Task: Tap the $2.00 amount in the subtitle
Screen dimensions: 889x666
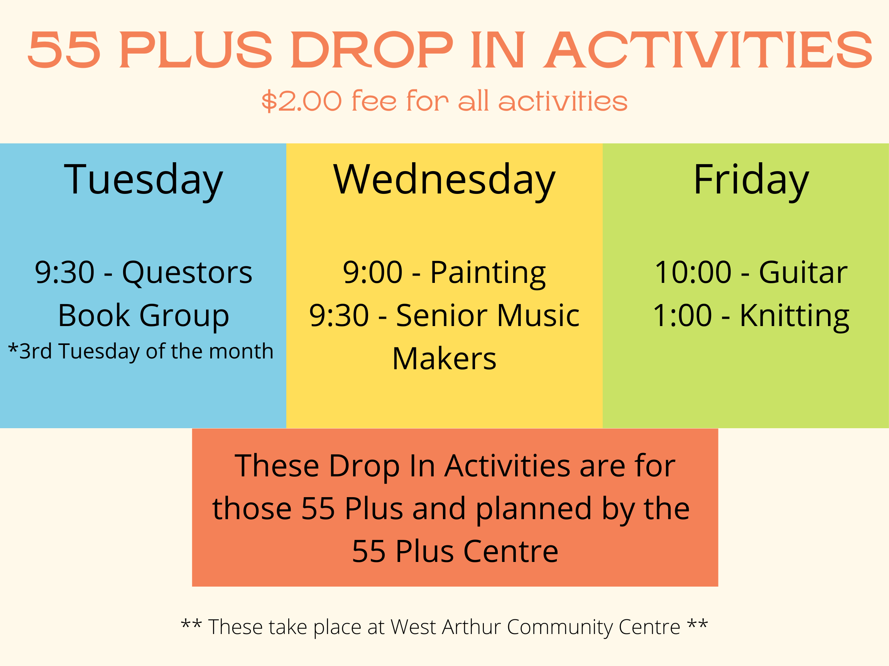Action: pos(301,101)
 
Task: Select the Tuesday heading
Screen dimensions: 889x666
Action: pos(143,180)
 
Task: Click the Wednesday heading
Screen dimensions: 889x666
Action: pos(444,180)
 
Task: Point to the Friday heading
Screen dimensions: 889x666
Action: pos(751,180)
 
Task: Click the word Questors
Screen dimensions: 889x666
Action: pos(187,272)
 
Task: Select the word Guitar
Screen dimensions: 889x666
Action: pos(803,272)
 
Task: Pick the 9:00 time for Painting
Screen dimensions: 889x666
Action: pos(373,272)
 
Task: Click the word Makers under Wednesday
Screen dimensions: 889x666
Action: pos(444,358)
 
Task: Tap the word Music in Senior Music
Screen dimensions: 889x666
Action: pos(538,316)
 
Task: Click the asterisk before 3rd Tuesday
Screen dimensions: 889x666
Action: pos(13,348)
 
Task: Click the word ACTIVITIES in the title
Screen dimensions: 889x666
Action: pos(708,50)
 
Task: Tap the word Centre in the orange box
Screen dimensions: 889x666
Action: pos(511,552)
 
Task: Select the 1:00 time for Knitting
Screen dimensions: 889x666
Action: pos(682,316)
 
